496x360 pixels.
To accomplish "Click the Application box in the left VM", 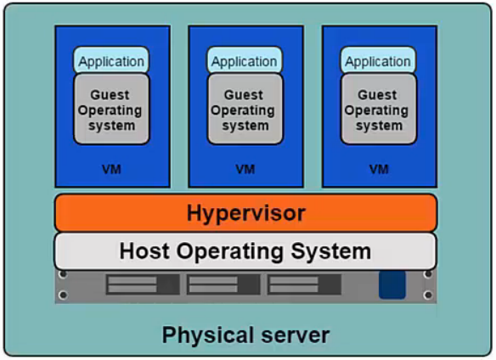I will coord(111,61).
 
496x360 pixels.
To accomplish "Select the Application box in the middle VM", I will coord(245,61).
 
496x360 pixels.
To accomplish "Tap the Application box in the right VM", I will coord(378,61).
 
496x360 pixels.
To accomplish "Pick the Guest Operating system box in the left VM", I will coord(111,110).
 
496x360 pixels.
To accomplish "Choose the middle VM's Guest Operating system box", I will coord(245,110).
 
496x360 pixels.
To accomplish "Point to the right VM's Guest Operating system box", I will coord(378,110).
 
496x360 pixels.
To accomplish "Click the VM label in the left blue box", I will coord(111,169).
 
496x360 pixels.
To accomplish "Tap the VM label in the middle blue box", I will coord(245,169).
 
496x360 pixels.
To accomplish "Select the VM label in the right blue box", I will coord(378,169).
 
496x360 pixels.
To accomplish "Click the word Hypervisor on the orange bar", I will coord(245,212).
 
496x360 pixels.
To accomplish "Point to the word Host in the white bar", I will coord(145,251).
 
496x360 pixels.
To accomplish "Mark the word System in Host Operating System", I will coord(335,251).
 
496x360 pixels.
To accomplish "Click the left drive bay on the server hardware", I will coord(142,284).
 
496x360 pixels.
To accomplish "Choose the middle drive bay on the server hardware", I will coord(223,284).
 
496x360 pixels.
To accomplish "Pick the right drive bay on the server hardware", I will coord(303,284).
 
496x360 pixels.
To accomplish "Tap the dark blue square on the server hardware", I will coord(392,284).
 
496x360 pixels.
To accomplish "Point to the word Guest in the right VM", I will coord(377,95).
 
